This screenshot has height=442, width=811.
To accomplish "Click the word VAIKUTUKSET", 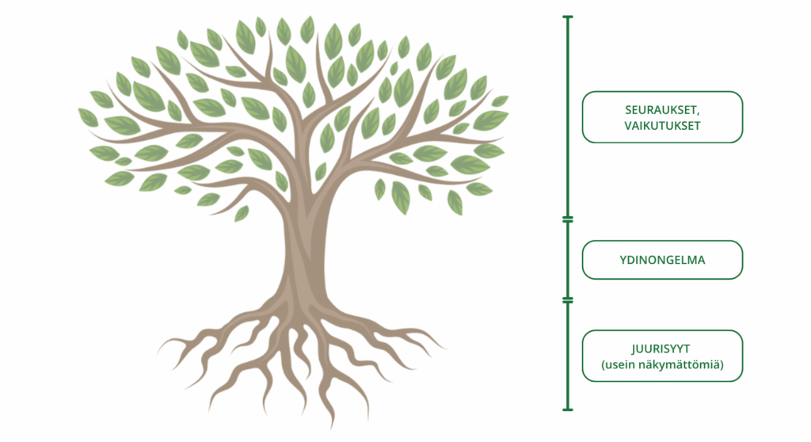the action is [662, 126].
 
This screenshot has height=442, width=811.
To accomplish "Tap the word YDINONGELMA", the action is [662, 260].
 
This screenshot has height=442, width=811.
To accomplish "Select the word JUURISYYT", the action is [661, 349].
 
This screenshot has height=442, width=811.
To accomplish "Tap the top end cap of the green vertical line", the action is [568, 17].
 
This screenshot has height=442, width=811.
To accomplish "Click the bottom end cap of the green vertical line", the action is [568, 410].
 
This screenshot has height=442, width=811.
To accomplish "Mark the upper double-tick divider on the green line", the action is [568, 219].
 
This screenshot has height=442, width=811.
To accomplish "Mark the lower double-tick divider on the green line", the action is [568, 300].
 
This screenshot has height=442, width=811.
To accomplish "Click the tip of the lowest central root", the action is [331, 428].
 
